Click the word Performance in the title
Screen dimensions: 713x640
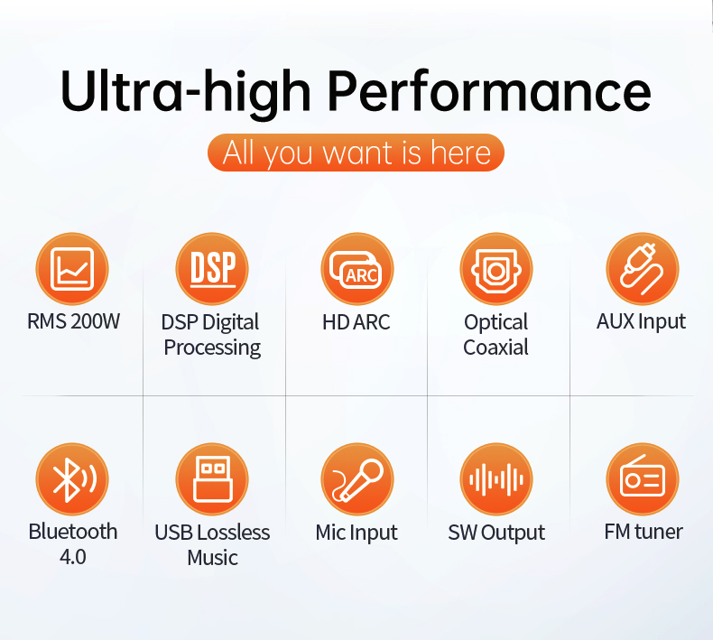[489, 91]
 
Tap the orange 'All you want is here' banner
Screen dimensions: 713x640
[356, 153]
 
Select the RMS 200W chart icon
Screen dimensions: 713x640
[72, 269]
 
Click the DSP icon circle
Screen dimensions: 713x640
[212, 269]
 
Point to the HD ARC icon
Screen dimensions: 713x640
[357, 269]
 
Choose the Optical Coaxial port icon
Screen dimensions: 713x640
[496, 269]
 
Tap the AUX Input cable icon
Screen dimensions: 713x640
[642, 269]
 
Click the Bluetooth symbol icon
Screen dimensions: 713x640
[72, 479]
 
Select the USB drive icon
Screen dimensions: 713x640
[212, 479]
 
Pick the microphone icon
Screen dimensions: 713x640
[357, 479]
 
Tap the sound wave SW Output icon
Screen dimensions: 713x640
[496, 479]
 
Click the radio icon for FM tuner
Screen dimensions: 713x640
[642, 479]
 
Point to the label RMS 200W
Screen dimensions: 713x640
[73, 321]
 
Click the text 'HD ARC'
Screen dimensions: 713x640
[356, 322]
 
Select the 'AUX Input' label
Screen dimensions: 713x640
[641, 322]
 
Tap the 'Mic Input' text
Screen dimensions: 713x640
[356, 533]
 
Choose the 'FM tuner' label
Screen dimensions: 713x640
[644, 532]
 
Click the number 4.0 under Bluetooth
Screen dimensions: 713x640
[73, 557]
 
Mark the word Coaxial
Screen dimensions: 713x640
[495, 347]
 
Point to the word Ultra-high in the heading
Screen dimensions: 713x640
[186, 91]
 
